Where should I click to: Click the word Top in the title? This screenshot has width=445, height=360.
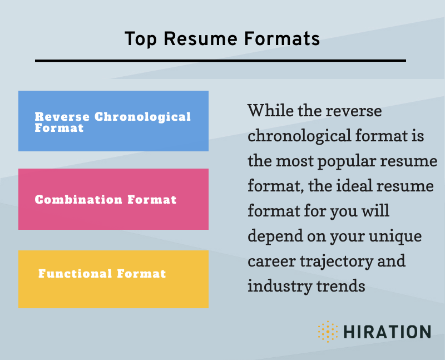coord(141,40)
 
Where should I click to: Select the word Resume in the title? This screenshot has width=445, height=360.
coord(200,38)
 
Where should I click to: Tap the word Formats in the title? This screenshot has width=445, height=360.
coord(282,38)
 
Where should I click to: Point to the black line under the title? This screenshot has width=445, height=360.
coord(220,61)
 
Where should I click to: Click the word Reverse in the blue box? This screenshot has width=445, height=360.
coord(62,117)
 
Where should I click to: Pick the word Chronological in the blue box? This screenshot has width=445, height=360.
coord(142,117)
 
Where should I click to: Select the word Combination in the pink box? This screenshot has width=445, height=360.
coord(78,200)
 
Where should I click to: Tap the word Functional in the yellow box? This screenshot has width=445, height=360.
coord(75,273)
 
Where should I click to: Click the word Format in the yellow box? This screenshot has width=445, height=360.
coord(141,273)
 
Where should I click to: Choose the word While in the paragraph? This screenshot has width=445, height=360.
coord(270,110)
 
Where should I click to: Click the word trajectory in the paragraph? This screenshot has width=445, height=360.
coord(337,261)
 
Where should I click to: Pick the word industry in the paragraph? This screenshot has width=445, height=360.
coord(280,285)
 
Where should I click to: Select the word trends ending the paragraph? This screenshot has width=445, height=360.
coord(340,286)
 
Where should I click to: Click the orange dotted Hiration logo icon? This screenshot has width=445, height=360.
coord(328,332)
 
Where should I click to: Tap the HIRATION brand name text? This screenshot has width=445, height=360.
coord(387,332)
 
